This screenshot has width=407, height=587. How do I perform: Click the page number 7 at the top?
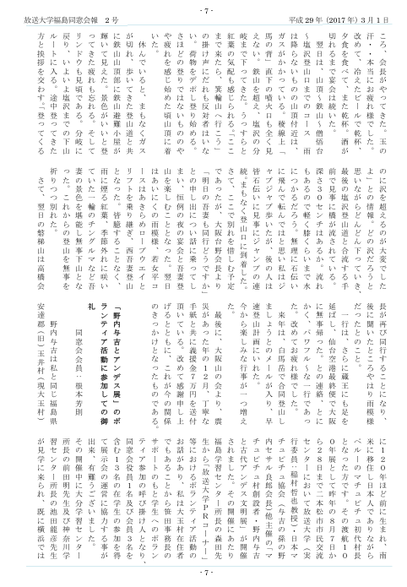[203, 8]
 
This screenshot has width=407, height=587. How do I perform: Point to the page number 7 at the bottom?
[203, 579]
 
